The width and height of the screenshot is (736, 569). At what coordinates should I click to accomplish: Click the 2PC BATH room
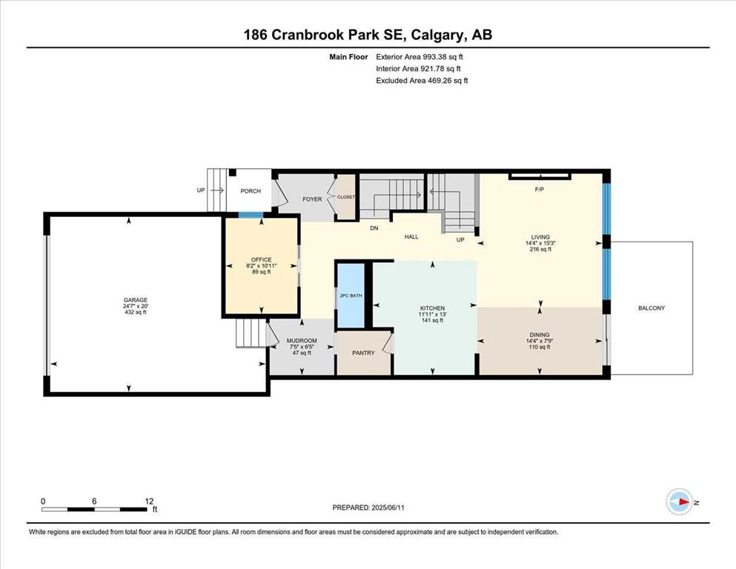(351, 296)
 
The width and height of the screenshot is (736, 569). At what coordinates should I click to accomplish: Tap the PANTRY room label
(363, 353)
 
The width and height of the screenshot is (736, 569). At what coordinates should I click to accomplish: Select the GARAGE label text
(136, 300)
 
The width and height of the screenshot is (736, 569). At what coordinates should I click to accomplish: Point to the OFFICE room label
(262, 259)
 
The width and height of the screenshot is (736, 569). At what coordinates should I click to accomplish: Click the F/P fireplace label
(540, 190)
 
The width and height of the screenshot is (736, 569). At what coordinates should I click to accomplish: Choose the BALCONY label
(651, 308)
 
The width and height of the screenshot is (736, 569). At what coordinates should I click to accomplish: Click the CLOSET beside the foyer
(346, 197)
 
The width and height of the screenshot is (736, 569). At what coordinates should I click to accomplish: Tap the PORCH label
(251, 191)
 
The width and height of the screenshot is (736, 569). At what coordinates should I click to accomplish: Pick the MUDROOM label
(302, 341)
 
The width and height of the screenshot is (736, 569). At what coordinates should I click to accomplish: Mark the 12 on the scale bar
(149, 501)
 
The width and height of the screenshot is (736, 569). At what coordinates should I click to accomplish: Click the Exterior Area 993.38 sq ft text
(420, 57)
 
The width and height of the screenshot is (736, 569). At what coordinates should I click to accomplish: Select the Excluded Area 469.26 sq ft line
(422, 80)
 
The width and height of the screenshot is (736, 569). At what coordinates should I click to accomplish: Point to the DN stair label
(374, 228)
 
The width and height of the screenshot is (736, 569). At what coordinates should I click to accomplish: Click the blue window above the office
(251, 216)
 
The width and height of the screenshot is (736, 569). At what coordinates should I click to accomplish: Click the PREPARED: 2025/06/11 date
(368, 508)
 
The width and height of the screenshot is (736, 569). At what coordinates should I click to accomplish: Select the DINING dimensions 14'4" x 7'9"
(540, 341)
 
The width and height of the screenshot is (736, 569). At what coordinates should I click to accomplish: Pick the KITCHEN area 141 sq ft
(432, 320)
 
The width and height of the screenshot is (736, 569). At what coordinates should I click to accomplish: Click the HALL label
(411, 237)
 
